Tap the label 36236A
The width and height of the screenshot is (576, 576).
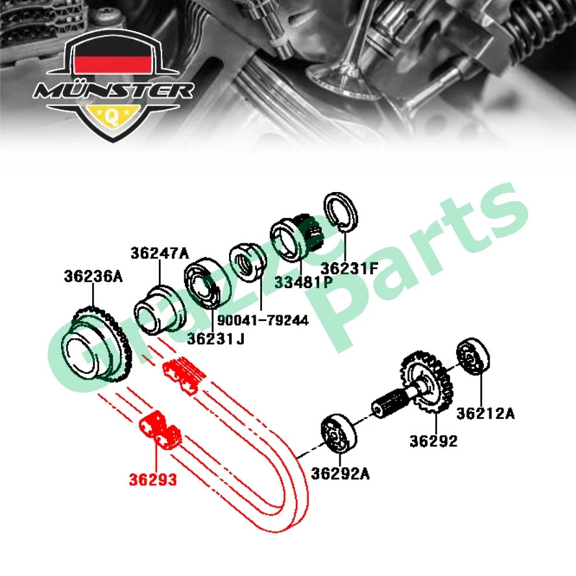93,277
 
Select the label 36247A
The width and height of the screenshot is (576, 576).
160,254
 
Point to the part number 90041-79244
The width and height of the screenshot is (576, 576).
263,321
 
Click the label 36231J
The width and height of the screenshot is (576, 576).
216,339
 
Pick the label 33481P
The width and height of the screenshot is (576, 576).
303,283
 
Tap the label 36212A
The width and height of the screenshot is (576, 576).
485,413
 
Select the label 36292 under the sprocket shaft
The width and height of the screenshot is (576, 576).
433,442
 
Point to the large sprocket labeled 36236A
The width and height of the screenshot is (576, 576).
95,348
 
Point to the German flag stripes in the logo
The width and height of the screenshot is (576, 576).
113,62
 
